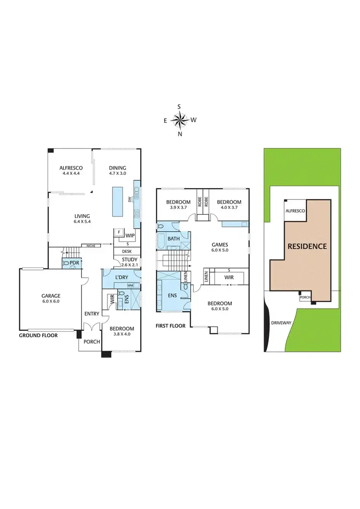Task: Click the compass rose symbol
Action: click(180, 121)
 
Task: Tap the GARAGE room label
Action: click(50, 296)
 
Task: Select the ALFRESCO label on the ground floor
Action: click(71, 168)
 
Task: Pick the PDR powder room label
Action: click(74, 263)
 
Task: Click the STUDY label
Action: click(129, 260)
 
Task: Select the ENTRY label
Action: click(92, 314)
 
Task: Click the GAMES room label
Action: click(220, 244)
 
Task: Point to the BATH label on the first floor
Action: click(174, 238)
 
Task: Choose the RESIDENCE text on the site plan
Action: click(307, 246)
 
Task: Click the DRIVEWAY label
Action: click(281, 322)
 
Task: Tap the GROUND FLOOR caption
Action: click(38, 336)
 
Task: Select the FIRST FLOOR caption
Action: click(170, 326)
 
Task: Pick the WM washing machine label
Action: click(130, 286)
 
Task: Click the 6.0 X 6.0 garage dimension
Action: click(50, 303)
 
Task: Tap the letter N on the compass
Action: click(180, 134)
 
